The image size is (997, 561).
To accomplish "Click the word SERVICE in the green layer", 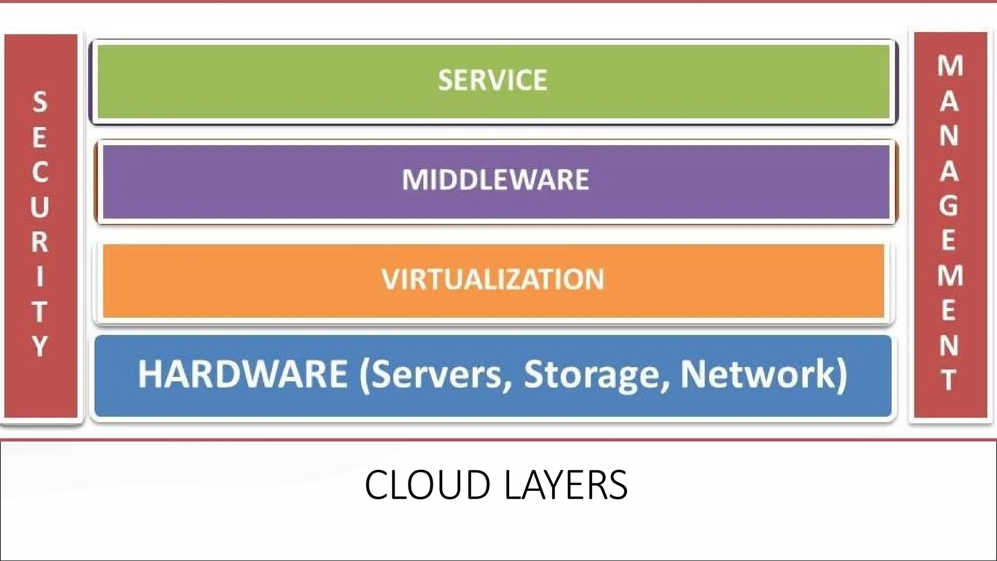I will pyautogui.click(x=492, y=80).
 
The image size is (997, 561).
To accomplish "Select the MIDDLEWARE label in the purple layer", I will pyautogui.click(x=495, y=180).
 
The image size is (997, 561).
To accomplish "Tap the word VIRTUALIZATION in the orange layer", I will pyautogui.click(x=492, y=280).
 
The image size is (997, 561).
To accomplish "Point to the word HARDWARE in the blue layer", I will pyautogui.click(x=242, y=374).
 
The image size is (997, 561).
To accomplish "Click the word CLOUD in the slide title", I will pyautogui.click(x=427, y=485).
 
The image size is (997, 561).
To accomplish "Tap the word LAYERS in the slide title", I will pyautogui.click(x=566, y=485).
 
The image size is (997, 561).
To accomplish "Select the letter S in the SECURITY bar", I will pyautogui.click(x=40, y=102).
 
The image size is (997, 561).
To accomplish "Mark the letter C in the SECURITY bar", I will pyautogui.click(x=40, y=172).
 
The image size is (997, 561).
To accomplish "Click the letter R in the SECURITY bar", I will pyautogui.click(x=40, y=242).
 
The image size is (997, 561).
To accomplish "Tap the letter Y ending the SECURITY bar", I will pyautogui.click(x=40, y=347).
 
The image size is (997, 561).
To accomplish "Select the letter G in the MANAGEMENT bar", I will pyautogui.click(x=949, y=206).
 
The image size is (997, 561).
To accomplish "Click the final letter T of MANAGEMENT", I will pyautogui.click(x=949, y=380).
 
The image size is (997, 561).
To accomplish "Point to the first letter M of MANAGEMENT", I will pyautogui.click(x=950, y=66).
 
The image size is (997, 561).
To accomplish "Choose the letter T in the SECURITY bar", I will pyautogui.click(x=40, y=312).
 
